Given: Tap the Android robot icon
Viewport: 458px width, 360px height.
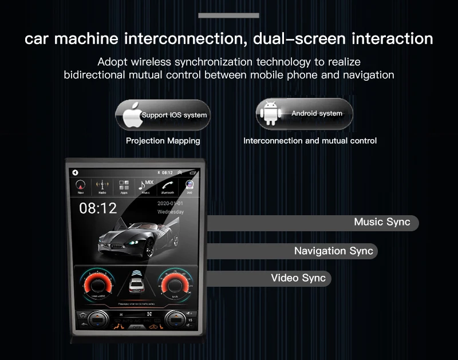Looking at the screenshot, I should click(269, 113).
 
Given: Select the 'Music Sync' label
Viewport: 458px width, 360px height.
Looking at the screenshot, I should click(382, 222).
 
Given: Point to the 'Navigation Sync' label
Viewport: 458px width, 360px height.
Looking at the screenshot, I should click(333, 251).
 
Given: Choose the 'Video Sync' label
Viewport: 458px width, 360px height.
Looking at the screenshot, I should click(298, 278).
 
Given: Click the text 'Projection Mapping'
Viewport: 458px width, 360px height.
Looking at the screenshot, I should click(163, 141).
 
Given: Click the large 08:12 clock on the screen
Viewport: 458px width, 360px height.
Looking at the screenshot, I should click(98, 208).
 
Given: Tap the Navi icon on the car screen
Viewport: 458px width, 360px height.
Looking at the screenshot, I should click(81, 186).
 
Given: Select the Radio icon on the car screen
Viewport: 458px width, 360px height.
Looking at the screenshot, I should click(102, 186).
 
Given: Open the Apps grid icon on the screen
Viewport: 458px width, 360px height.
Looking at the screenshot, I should click(124, 186).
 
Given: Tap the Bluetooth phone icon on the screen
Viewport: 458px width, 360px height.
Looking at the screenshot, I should click(168, 186).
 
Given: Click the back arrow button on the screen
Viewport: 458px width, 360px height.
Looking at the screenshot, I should click(74, 172).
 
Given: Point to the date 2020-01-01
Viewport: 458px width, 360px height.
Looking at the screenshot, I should click(170, 203).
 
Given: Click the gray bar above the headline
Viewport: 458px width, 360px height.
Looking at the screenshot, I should click(228, 15).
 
